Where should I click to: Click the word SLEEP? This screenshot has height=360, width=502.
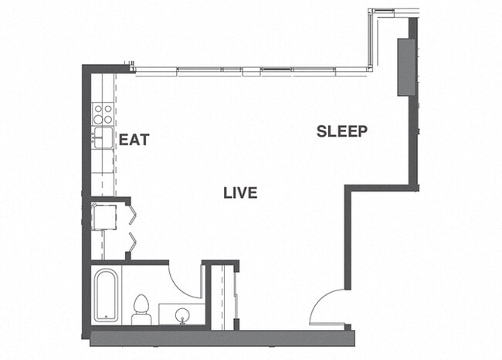coord(341,131)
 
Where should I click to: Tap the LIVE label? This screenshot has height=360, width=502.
coord(240,193)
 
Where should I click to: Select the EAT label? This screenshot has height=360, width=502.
coord(134,141)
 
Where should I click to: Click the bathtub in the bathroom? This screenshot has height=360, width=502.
coord(106,294)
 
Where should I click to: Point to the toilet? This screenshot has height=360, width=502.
coord(141,310)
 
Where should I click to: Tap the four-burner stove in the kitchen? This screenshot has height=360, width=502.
coord(103,114)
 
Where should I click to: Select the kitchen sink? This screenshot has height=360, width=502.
coord(102,139)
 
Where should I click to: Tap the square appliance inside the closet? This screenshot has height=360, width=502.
coord(103,216)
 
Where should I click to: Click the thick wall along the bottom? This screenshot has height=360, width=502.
coord(216,338)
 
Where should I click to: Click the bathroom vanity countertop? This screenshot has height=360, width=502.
coord(183,314)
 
